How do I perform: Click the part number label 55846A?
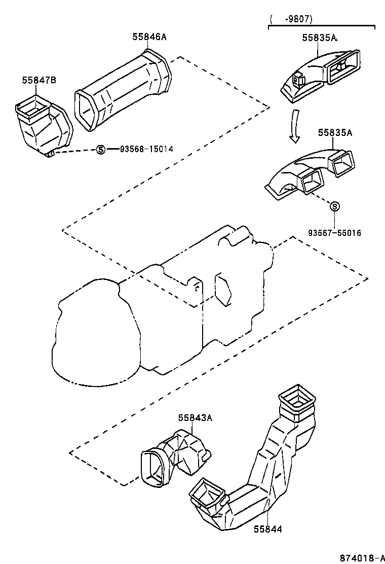[x=149, y=37]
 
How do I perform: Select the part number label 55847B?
[x=38, y=80]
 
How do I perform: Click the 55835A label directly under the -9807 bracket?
[x=319, y=38]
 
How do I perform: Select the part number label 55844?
[x=267, y=530]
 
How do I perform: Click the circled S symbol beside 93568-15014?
[x=100, y=149]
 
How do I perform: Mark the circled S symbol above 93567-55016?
[x=334, y=206]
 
